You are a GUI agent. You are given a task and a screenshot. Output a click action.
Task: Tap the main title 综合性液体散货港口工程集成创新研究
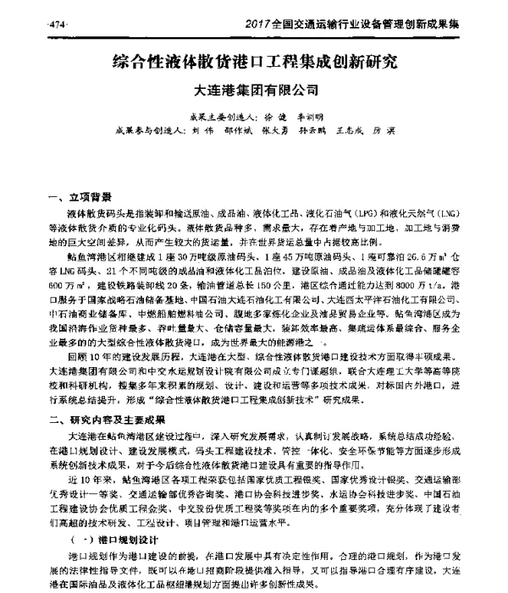pos(253,62)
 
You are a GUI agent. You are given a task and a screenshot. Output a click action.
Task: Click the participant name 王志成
pos(378,131)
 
